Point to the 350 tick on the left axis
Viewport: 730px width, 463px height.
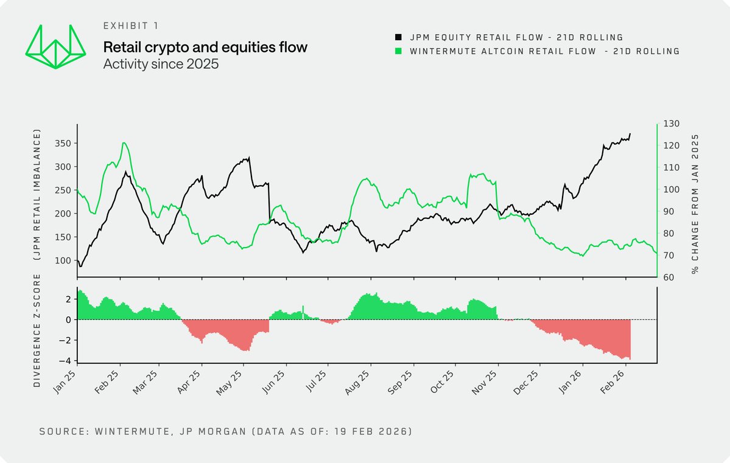(63, 143)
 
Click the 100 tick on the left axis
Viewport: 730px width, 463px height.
(63, 260)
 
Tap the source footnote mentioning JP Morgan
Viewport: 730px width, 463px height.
(225, 431)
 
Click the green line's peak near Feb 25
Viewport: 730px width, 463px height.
(124, 143)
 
